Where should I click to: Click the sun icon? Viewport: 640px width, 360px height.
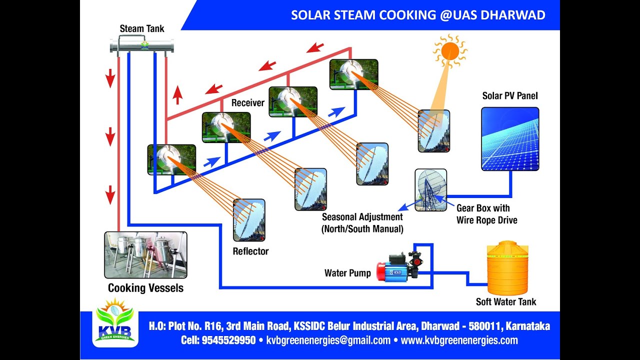[449, 50]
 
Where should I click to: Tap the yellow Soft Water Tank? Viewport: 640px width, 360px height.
[507, 268]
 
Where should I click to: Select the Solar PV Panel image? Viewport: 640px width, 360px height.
[510, 139]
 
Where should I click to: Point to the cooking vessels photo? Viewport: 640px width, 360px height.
[145, 255]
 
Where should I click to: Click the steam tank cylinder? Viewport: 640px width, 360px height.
[142, 46]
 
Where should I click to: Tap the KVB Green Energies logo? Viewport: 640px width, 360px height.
[115, 322]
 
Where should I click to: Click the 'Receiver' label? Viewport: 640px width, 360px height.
[247, 103]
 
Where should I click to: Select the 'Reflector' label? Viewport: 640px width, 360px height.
[250, 251]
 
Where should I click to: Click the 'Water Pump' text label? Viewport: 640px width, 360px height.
[347, 273]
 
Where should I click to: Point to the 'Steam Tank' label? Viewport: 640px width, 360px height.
[142, 28]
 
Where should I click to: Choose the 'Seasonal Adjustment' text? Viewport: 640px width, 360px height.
[362, 217]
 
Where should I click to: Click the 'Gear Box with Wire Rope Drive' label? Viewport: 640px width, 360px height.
[486, 214]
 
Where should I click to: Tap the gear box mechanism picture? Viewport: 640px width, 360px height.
[430, 189]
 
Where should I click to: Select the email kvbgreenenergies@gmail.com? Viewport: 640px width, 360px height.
[328, 340]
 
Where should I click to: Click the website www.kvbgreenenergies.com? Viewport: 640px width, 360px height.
[459, 340]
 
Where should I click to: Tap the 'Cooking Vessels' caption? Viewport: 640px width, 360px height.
[145, 288]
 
